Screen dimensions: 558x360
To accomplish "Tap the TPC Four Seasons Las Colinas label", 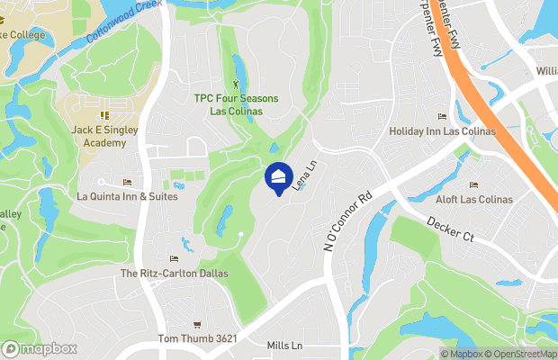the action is (236, 104).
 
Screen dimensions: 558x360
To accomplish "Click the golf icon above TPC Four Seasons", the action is (236, 85).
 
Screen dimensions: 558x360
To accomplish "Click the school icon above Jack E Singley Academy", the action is (103, 115).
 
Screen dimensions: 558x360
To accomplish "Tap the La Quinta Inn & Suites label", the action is (127, 195).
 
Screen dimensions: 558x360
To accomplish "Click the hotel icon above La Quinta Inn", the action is (127, 183).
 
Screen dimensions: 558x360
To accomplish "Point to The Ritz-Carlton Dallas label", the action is (175, 273).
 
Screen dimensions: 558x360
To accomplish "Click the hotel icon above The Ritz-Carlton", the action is (175, 259).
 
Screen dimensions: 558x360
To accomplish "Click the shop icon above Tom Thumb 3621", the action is (195, 325).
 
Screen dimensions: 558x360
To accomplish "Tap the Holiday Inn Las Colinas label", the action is (441, 130).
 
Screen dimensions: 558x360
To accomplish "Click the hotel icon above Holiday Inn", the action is (441, 116).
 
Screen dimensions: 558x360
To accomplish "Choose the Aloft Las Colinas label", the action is (473, 199).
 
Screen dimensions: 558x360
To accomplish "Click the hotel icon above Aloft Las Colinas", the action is (473, 185).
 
